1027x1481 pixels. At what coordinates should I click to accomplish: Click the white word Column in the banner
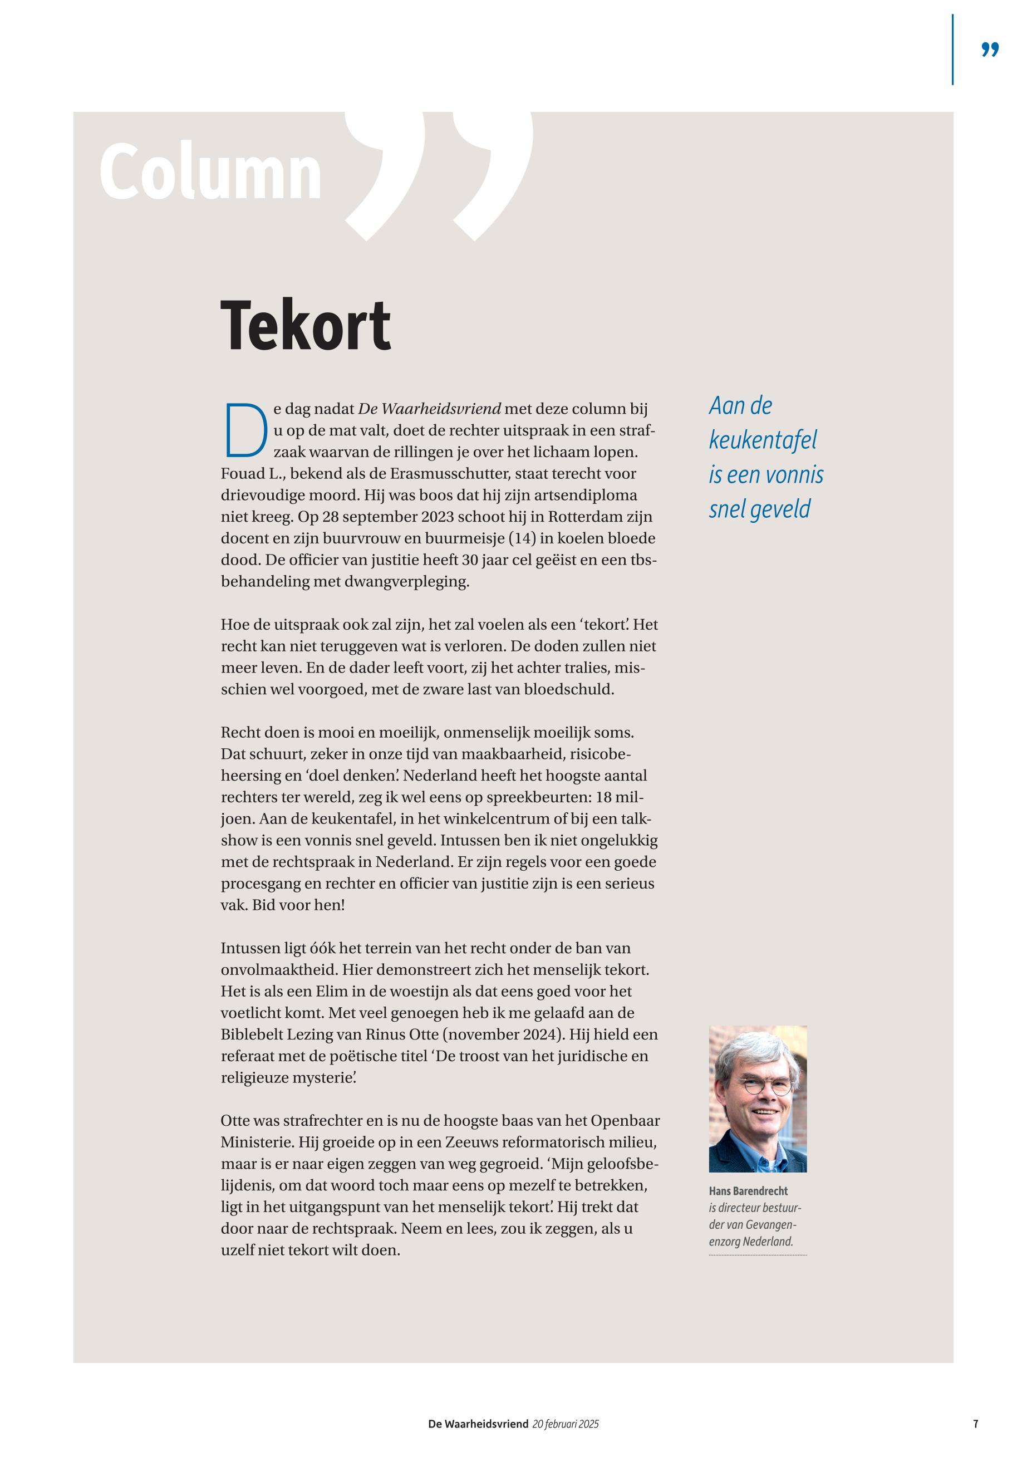point(210,173)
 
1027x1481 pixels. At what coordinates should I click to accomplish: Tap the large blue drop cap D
point(245,430)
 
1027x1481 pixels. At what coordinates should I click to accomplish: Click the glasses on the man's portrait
point(766,1087)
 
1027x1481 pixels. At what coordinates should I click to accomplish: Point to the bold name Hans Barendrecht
point(748,1191)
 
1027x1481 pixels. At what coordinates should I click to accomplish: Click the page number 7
point(976,1424)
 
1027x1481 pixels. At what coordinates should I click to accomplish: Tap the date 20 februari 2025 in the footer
point(566,1424)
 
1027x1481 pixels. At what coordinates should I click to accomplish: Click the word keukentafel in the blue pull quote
point(763,440)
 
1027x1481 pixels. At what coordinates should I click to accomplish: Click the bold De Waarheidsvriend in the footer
point(478,1424)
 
